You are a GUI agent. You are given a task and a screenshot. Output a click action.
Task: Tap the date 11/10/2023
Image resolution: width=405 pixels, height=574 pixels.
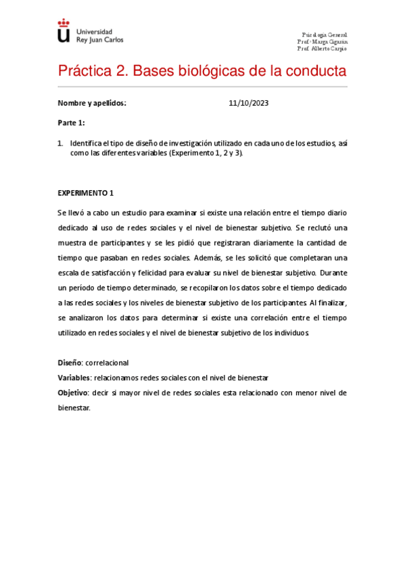(x=249, y=104)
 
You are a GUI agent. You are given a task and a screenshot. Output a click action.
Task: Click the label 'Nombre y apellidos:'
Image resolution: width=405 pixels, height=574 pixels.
(x=92, y=104)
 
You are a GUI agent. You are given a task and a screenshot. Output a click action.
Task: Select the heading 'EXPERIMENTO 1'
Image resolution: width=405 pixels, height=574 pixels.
(x=85, y=193)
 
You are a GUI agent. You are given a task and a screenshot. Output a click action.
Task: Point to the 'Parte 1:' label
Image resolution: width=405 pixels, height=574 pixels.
(x=72, y=123)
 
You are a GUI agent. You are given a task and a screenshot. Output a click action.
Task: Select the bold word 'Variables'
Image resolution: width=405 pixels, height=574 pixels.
(x=74, y=378)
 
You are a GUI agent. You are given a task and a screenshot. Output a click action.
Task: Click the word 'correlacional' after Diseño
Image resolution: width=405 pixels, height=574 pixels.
(x=107, y=363)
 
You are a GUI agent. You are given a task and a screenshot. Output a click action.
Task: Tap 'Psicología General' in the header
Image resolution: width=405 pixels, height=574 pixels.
(x=325, y=35)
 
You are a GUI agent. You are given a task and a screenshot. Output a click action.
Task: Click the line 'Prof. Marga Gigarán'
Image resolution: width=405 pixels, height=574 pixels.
(x=323, y=42)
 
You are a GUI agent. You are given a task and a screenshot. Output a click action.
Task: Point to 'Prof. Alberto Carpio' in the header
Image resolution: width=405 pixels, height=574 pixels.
(x=323, y=49)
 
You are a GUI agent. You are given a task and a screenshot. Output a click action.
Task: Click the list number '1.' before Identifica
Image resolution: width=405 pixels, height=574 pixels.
(x=60, y=143)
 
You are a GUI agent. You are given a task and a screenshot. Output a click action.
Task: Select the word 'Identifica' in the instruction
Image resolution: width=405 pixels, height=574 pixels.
(x=86, y=143)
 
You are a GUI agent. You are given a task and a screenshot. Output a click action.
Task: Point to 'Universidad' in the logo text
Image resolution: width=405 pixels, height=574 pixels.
(x=95, y=32)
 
